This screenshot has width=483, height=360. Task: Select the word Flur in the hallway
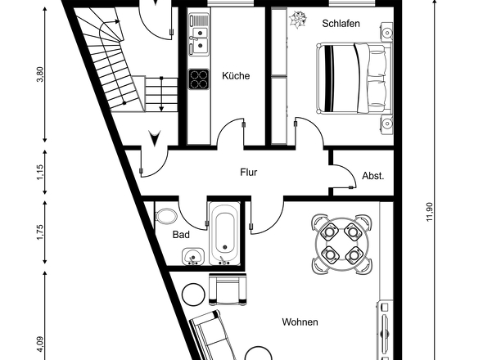[250, 173]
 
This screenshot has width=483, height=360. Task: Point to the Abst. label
[372, 176]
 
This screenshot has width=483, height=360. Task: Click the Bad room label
[181, 235]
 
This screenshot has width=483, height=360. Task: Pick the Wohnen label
[300, 322]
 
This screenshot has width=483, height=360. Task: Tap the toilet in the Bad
[166, 217]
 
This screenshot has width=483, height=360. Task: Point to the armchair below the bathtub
[226, 288]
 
